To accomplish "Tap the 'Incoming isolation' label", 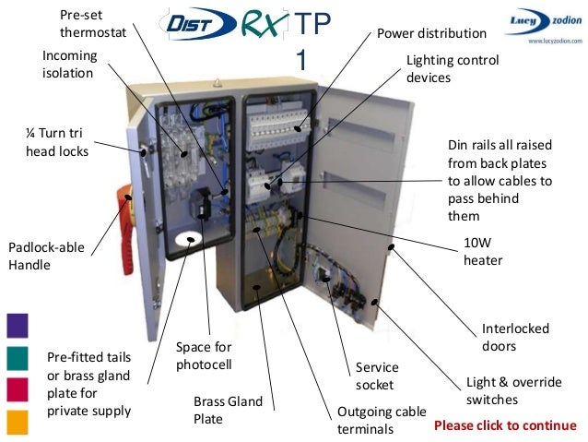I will [69, 65].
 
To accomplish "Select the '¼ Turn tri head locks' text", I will [57, 143].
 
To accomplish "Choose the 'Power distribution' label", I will [431, 34].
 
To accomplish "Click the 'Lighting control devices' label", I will [453, 69].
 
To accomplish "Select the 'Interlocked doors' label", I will [515, 337].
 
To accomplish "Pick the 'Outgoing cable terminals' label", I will [379, 420].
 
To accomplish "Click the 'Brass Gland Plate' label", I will [228, 411].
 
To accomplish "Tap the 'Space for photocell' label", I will [204, 355].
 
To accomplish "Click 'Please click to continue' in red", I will [505, 425].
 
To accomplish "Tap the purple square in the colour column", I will [17, 325].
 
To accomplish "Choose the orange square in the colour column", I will [17, 422].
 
